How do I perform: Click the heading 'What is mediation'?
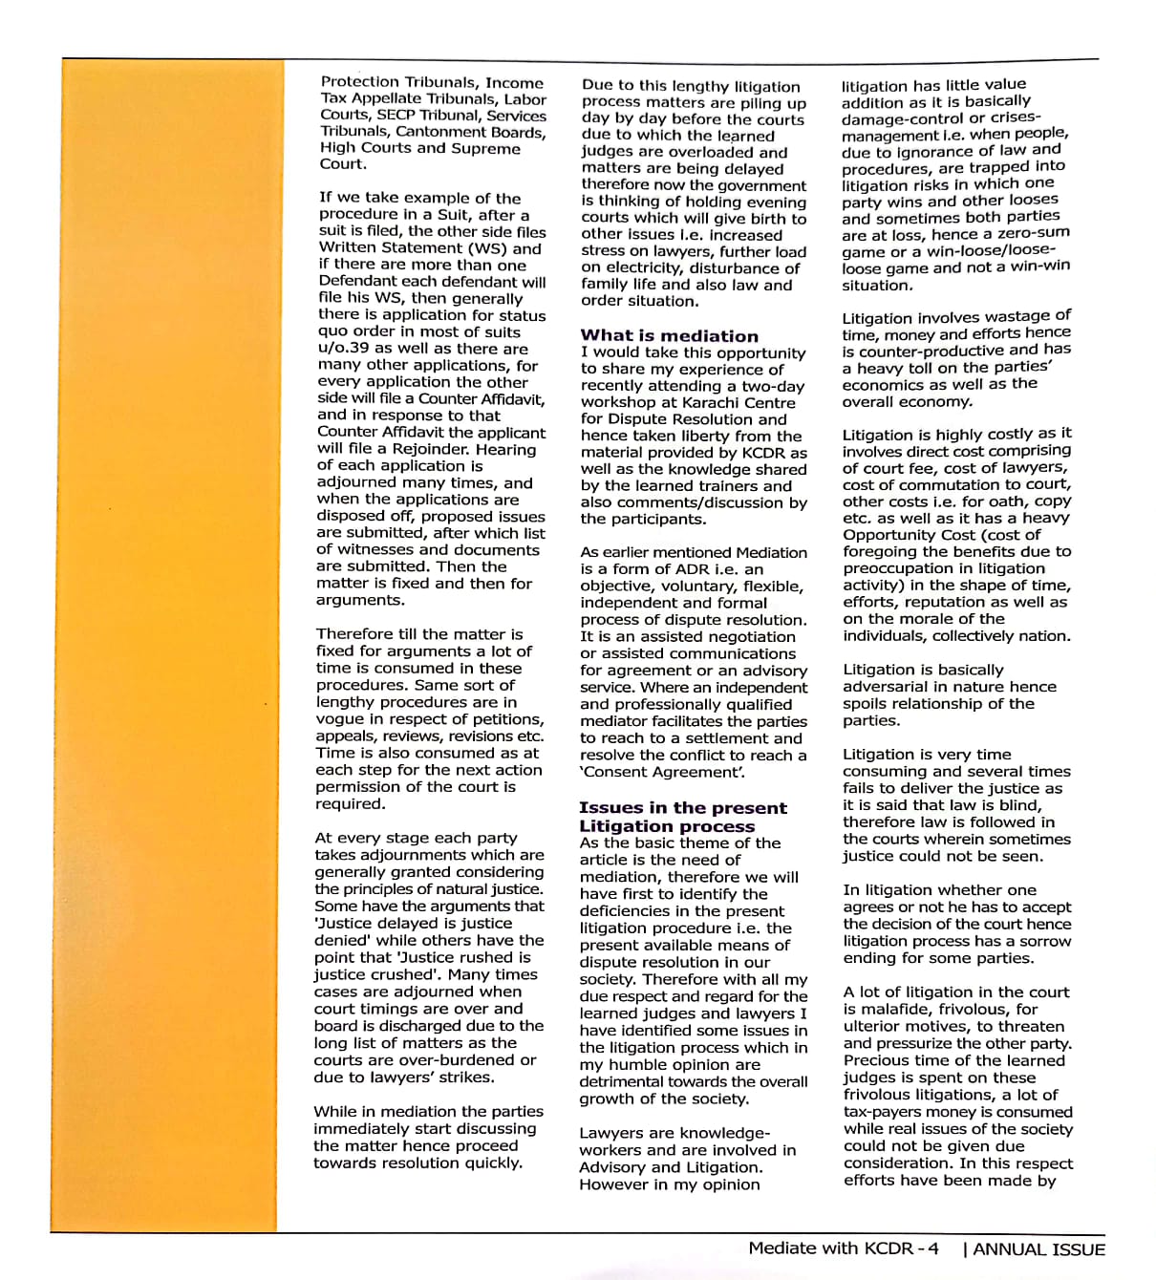pos(669,336)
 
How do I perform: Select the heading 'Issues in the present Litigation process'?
pos(682,817)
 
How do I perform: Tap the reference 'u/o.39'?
pos(344,349)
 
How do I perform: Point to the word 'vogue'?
pos(341,719)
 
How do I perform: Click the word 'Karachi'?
pos(696,403)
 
